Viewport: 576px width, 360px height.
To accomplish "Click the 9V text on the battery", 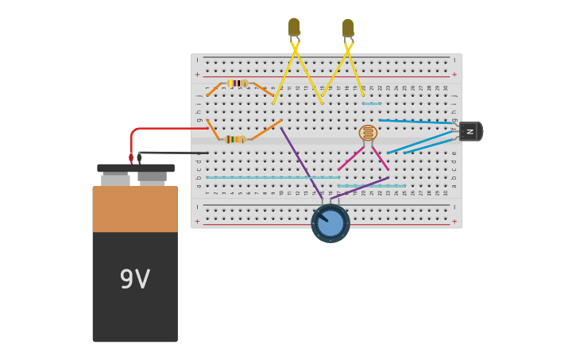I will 135,279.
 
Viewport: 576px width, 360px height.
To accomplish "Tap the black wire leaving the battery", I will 175,153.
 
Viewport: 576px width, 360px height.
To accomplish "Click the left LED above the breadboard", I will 294,27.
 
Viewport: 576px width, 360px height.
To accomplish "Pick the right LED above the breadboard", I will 348,28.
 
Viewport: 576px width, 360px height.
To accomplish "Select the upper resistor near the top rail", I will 237,83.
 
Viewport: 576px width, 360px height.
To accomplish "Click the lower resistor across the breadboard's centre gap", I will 235,139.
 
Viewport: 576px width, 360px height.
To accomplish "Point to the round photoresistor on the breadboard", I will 368,133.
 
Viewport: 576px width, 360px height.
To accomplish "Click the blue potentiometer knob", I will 331,223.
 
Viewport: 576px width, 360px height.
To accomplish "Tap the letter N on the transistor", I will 470,131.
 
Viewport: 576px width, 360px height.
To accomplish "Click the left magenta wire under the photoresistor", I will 350,158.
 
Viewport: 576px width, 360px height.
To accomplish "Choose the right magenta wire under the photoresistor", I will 381,158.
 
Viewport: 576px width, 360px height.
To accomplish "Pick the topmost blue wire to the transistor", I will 417,122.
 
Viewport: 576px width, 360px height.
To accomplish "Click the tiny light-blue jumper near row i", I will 371,103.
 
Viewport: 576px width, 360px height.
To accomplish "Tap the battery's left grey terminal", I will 115,180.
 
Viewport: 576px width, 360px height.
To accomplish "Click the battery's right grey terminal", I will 152,176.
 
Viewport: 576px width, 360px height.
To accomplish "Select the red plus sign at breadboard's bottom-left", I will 197,221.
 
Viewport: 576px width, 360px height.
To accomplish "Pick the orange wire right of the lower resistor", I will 267,130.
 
